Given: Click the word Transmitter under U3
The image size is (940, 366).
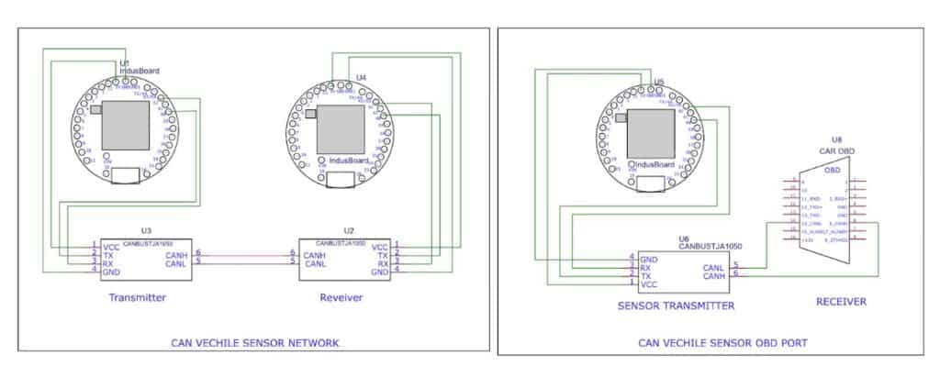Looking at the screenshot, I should [137, 297].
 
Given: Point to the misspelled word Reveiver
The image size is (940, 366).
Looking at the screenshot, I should [342, 297].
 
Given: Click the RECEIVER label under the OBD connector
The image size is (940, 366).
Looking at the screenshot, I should [842, 301].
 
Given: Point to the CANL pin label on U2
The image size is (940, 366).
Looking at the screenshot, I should [315, 263].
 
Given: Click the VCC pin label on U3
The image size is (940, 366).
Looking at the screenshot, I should [110, 247].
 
